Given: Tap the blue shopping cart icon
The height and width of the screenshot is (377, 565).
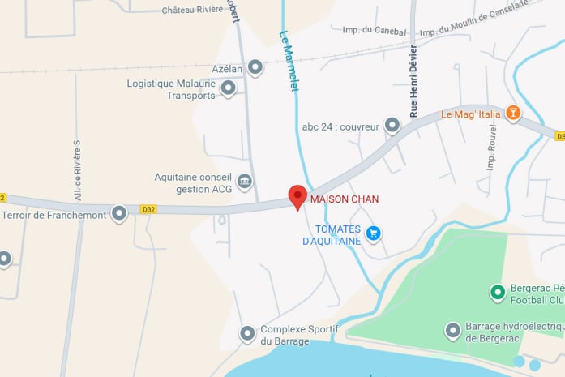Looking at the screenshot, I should tap(373, 233).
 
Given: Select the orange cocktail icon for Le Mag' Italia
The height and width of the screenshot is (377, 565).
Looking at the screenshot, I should tap(512, 113).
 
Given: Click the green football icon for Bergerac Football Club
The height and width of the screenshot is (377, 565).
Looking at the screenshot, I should tap(498, 291).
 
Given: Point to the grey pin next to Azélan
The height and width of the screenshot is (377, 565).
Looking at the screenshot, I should tap(255, 68).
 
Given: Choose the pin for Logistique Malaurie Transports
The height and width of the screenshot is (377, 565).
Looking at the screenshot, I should tap(228, 88).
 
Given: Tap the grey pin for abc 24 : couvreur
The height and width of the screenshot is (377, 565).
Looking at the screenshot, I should tap(392, 125).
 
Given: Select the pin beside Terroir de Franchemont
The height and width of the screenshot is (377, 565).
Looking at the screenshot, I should tap(119, 213).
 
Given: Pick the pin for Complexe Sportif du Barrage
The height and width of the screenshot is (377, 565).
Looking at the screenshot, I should tap(247, 333).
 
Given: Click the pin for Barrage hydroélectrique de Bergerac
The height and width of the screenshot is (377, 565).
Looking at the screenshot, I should tap(453, 330).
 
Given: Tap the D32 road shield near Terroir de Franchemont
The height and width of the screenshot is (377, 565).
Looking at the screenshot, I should tap(148, 209).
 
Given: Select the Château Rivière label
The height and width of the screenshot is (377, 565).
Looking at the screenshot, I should tap(193, 11).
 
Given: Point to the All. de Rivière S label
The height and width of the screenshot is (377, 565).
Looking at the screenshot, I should tap(78, 170).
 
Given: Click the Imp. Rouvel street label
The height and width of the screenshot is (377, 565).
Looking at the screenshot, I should tap(492, 152).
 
